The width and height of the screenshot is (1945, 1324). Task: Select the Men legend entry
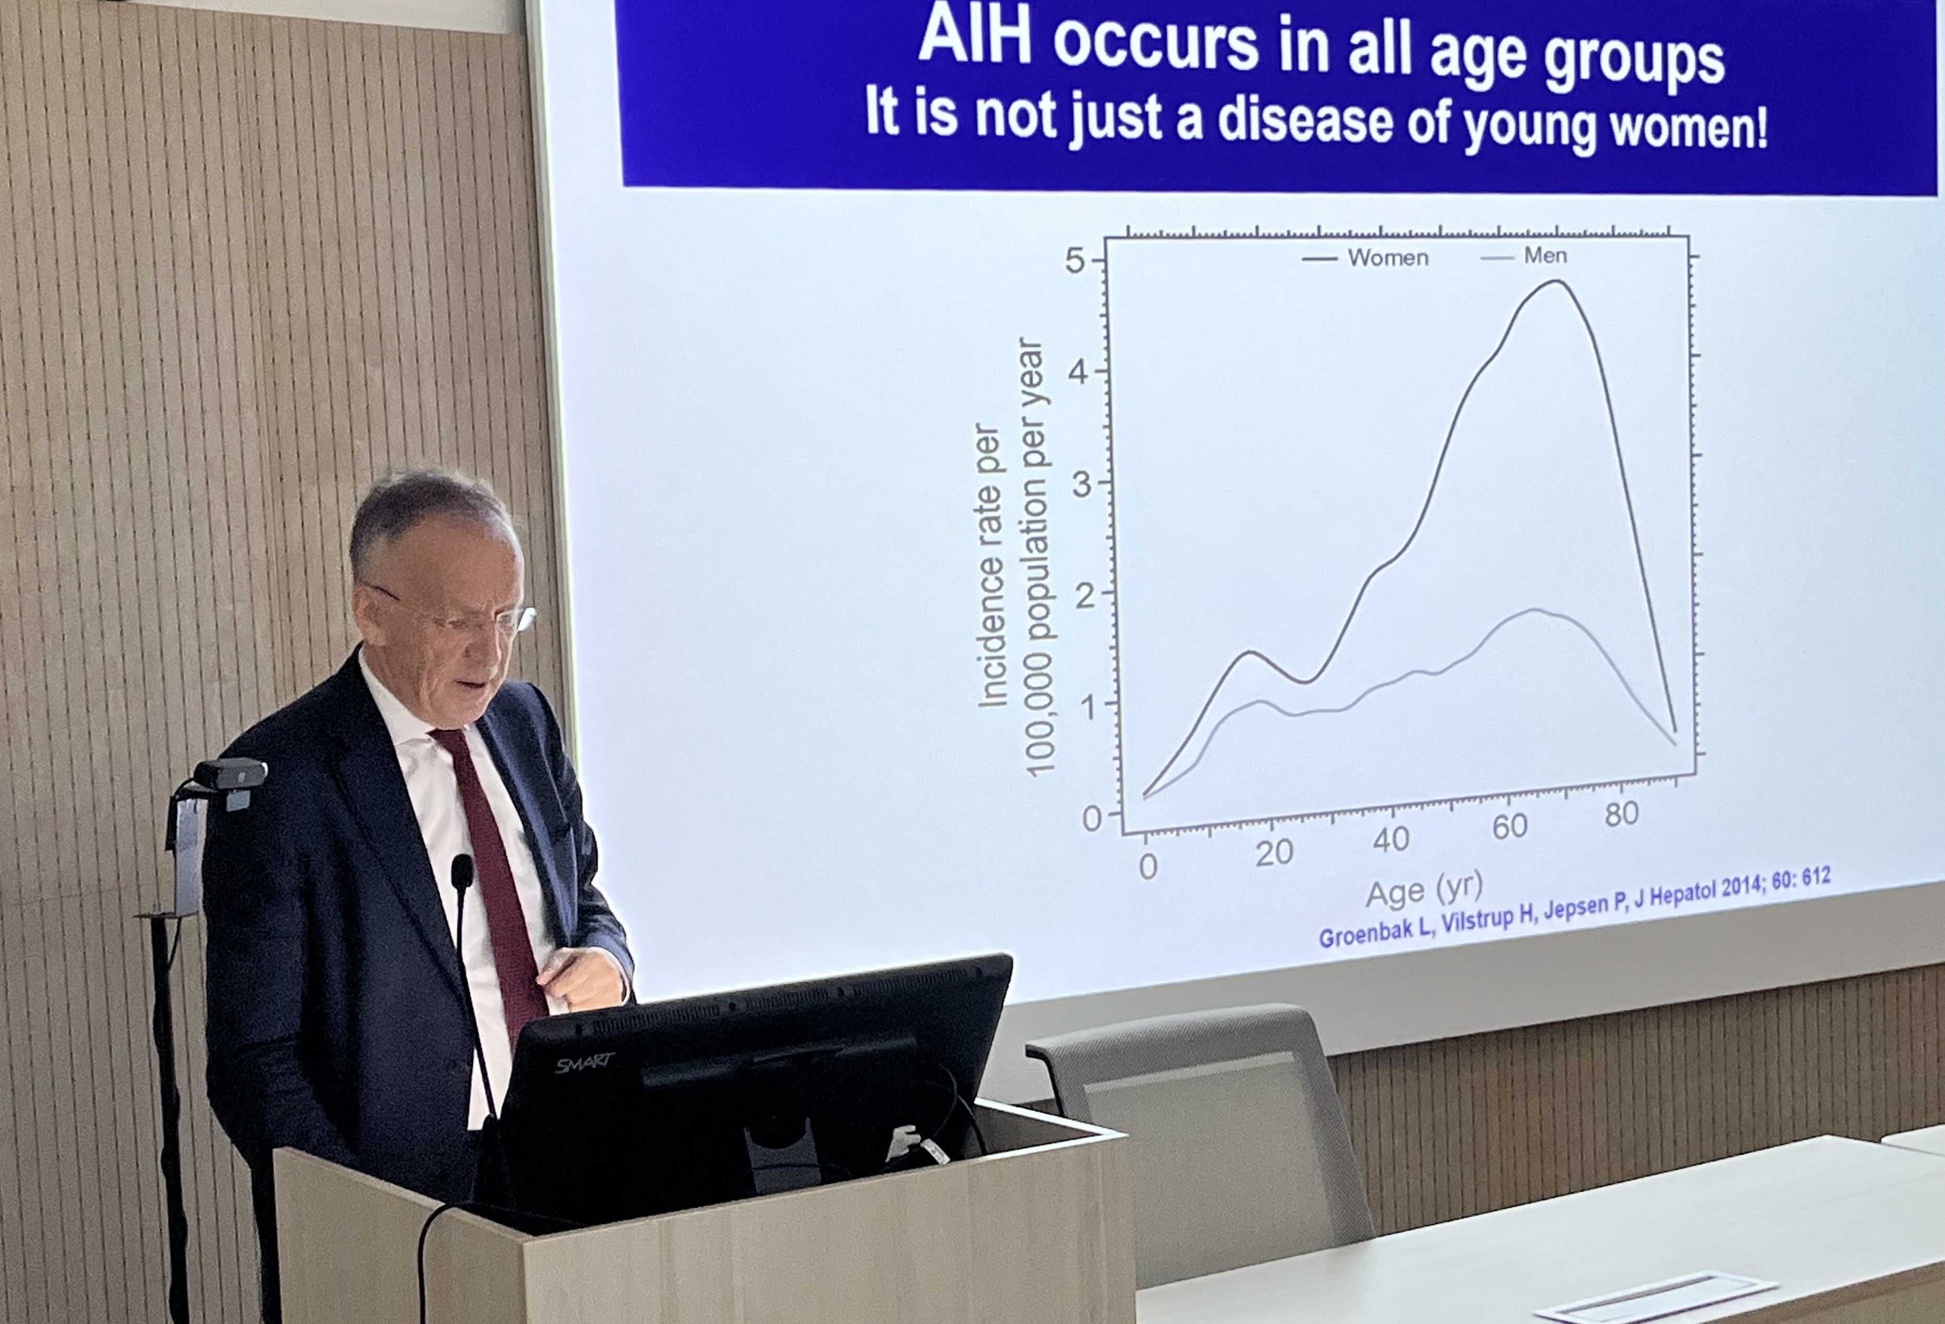click(x=1523, y=256)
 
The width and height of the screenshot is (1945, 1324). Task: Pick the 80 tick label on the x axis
click(x=1621, y=813)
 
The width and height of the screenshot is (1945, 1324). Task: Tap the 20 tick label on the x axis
click(x=1274, y=853)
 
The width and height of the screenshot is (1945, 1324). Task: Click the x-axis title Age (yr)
click(x=1424, y=891)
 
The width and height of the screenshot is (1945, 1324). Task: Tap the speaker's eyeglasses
click(x=456, y=612)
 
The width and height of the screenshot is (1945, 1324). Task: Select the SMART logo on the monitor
click(x=584, y=1064)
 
